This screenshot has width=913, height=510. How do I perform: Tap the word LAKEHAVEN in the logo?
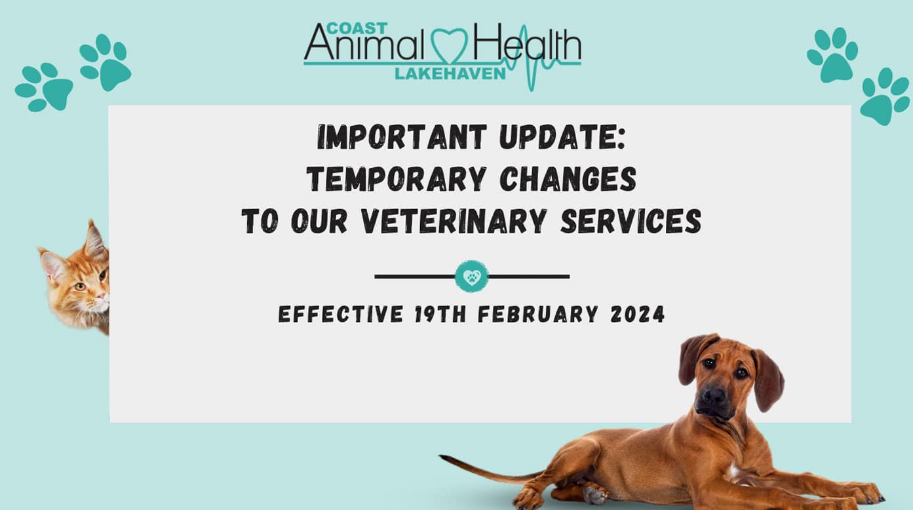450,73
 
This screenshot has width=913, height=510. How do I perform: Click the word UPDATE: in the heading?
562,137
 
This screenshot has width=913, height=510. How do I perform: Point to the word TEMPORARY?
396,179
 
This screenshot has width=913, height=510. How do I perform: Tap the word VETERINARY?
454,221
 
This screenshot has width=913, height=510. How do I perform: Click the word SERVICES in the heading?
631,221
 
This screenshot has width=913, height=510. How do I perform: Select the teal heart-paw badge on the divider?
472,277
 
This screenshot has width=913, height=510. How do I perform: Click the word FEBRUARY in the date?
537,314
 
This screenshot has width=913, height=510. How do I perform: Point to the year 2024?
638,314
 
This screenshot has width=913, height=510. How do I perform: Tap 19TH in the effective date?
440,314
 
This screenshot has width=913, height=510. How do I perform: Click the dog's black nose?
714,396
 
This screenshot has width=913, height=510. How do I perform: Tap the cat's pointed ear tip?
90,223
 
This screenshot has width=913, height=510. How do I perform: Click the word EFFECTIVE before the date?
341,314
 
